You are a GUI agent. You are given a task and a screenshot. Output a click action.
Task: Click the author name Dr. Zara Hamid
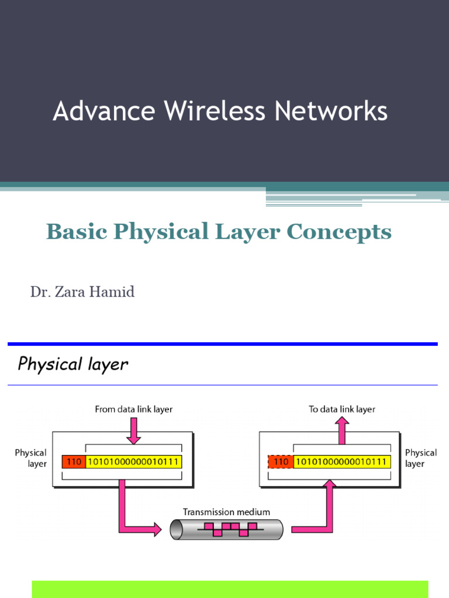[x=82, y=291]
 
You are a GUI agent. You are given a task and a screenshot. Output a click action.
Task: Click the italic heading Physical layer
[x=73, y=364]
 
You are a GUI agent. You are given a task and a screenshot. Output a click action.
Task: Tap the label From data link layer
[x=134, y=409]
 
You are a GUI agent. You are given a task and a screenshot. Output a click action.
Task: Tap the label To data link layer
[x=342, y=409]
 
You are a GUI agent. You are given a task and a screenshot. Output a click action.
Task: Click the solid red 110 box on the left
[x=74, y=462]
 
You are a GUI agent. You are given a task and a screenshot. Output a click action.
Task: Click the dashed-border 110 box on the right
[x=281, y=462]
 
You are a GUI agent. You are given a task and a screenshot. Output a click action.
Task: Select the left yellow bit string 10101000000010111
[x=134, y=462]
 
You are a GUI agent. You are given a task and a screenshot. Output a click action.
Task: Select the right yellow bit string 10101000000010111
[x=341, y=462]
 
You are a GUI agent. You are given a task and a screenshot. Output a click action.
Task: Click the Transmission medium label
[x=226, y=512]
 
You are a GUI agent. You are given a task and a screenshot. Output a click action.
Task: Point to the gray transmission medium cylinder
[x=226, y=530]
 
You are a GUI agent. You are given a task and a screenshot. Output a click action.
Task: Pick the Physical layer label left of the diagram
[x=30, y=458]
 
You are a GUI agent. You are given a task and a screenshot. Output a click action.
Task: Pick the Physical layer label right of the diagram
[x=420, y=458]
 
